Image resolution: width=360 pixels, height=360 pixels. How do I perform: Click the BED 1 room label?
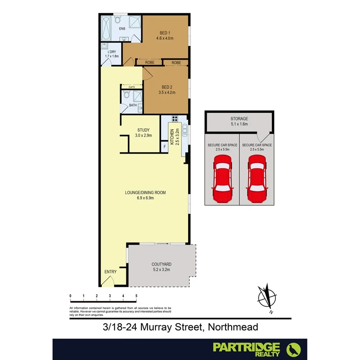(165, 32)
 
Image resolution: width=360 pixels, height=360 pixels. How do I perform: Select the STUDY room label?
(143, 130)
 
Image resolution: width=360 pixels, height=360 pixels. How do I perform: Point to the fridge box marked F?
(165, 146)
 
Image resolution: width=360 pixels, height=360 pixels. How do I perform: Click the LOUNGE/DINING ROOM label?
(145, 192)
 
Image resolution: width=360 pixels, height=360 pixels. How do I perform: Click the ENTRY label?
(110, 272)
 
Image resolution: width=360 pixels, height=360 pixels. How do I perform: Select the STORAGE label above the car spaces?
(239, 119)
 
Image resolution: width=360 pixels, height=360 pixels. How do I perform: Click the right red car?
(257, 178)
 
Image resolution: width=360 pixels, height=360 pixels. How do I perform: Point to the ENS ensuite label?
(122, 28)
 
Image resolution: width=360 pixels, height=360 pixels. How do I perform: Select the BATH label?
(133, 105)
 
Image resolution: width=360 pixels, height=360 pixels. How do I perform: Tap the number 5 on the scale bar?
(136, 296)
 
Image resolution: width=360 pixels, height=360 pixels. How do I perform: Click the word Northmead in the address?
(233, 327)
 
